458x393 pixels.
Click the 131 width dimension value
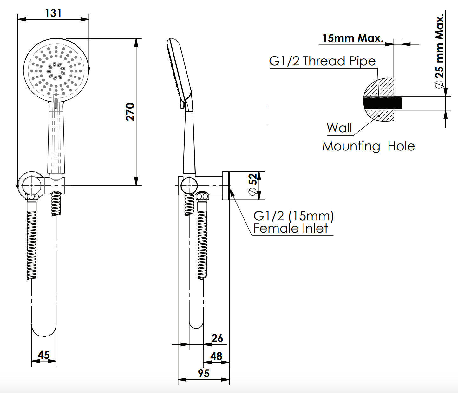pyautogui.click(x=53, y=13)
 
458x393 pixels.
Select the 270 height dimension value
pyautogui.click(x=130, y=112)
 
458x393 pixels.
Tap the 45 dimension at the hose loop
pyautogui.click(x=44, y=355)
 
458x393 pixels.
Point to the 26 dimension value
pyautogui.click(x=217, y=338)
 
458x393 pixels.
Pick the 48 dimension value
pyautogui.click(x=216, y=356)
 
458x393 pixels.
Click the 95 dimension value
pyautogui.click(x=204, y=373)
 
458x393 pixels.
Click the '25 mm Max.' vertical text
pyautogui.click(x=440, y=51)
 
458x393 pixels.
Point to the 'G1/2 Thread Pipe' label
pyautogui.click(x=322, y=61)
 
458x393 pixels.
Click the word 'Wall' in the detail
pyautogui.click(x=339, y=128)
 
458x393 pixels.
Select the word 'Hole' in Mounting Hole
pyautogui.click(x=401, y=146)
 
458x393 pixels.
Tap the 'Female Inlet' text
pyautogui.click(x=291, y=229)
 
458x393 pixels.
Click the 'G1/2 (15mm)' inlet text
pyautogui.click(x=293, y=216)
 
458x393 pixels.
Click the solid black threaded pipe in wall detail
pyautogui.click(x=382, y=103)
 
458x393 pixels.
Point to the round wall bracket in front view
pyautogui.click(x=30, y=184)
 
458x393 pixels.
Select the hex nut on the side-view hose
pyautogui.click(x=202, y=196)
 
